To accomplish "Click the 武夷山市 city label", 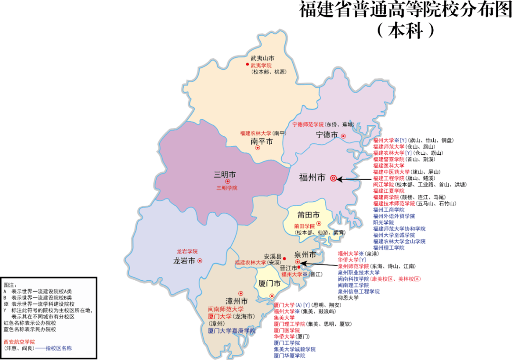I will [x=262, y=58].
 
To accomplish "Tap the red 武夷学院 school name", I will [x=261, y=65].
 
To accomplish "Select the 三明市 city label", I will [x=225, y=174].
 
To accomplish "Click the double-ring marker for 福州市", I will [x=333, y=179].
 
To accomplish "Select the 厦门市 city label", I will [x=268, y=284].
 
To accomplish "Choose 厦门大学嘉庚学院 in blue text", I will [x=232, y=331].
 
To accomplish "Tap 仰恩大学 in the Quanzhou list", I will [x=348, y=298].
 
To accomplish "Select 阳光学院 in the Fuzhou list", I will [x=383, y=222].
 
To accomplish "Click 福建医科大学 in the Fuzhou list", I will [x=389, y=165].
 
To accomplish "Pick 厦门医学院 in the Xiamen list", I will [x=286, y=330].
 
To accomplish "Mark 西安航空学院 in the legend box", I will [x=19, y=341].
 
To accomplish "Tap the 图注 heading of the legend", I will [x=9, y=284].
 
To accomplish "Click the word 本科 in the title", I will [x=405, y=30].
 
